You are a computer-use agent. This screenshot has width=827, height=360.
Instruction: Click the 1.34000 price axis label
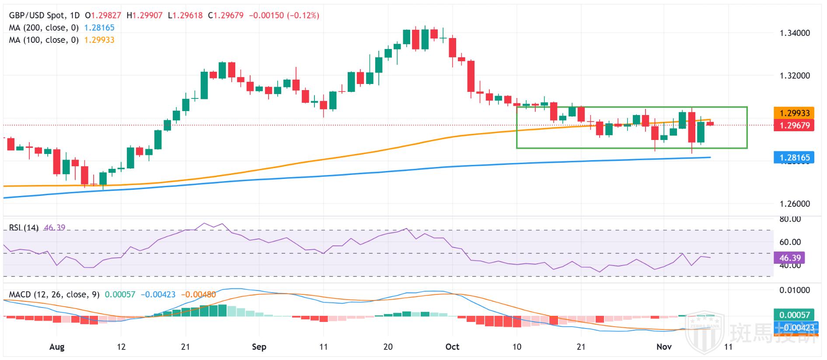795,33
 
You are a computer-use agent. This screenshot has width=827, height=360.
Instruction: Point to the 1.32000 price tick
795,76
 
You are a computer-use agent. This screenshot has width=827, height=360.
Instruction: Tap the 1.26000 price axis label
795,204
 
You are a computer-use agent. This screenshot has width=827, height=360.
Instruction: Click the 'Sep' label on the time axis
259,347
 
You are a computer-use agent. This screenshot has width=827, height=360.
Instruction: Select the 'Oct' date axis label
452,347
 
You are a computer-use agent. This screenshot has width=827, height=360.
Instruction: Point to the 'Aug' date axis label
57,347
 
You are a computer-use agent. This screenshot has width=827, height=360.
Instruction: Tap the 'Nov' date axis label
664,347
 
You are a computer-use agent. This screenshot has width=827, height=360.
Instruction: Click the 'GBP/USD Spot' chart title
36,15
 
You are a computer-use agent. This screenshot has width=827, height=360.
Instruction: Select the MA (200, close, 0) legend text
44,28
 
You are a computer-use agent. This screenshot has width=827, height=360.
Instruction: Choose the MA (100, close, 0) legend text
44,40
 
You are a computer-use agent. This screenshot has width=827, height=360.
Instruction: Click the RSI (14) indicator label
24,228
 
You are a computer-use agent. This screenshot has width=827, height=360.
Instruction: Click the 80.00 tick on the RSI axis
790,219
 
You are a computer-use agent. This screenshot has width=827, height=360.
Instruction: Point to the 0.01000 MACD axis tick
795,290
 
